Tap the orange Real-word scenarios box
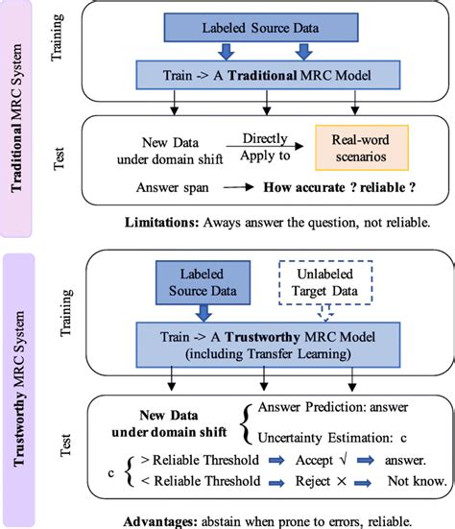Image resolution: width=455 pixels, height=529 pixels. [x=347, y=148]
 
